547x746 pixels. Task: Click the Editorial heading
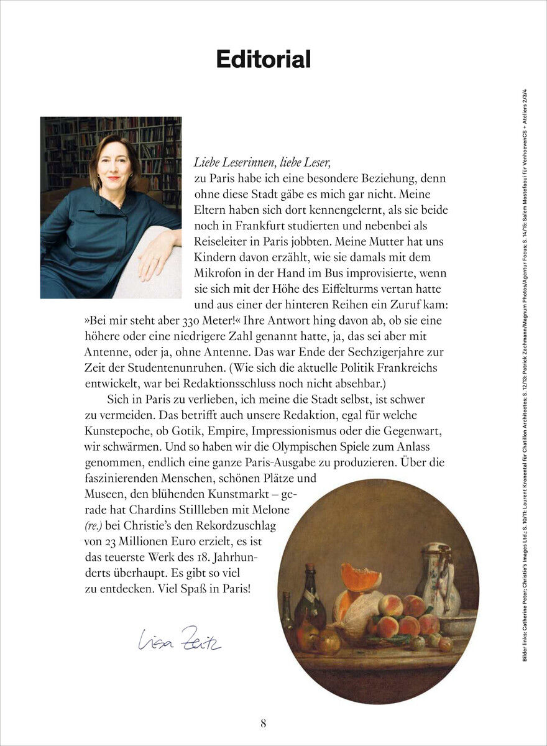263,60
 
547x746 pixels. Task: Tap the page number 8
264,723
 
